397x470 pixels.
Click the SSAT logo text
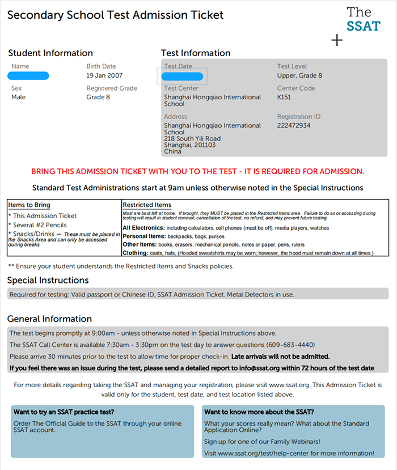(x=363, y=19)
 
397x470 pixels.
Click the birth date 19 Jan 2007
(x=105, y=75)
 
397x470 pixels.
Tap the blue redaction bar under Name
(x=28, y=76)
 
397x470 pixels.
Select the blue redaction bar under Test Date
(x=182, y=76)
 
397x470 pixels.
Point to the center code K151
(x=284, y=97)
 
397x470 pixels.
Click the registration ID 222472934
(x=294, y=125)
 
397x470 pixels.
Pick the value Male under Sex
(x=18, y=97)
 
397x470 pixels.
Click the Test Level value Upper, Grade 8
(x=299, y=75)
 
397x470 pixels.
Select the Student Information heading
(x=50, y=53)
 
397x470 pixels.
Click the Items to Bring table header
(x=29, y=205)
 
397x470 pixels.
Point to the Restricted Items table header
(x=147, y=205)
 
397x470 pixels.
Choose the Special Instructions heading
(x=48, y=280)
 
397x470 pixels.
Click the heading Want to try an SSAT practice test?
(x=64, y=412)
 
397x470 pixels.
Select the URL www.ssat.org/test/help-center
(x=270, y=453)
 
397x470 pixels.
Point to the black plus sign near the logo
(x=337, y=40)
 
